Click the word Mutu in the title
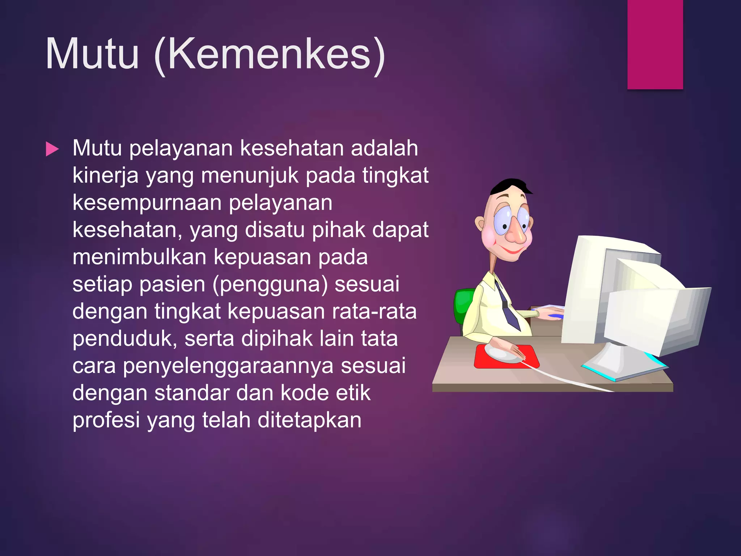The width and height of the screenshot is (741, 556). pyautogui.click(x=92, y=54)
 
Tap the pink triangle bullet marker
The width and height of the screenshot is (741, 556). pyautogui.click(x=52, y=149)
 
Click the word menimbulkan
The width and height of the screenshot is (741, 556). pyautogui.click(x=139, y=257)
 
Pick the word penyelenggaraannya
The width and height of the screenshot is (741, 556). pyautogui.click(x=228, y=366)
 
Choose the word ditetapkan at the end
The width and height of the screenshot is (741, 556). pyautogui.click(x=309, y=420)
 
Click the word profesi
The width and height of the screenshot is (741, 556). pyautogui.click(x=106, y=420)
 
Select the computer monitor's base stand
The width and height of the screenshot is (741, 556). pyautogui.click(x=622, y=364)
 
